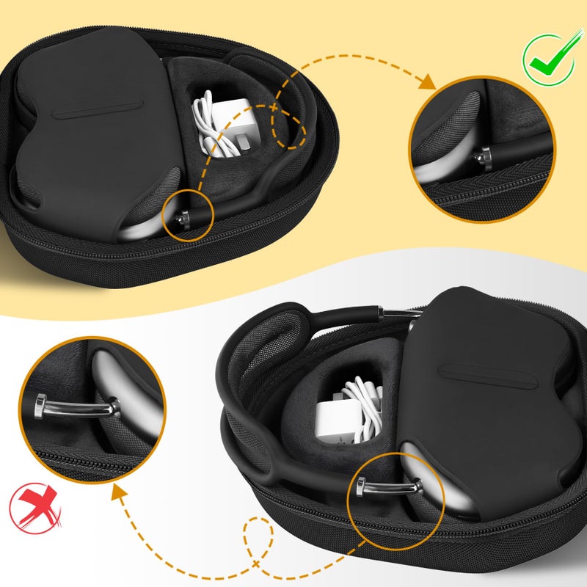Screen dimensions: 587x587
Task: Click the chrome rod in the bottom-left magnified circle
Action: [x=74, y=404]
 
